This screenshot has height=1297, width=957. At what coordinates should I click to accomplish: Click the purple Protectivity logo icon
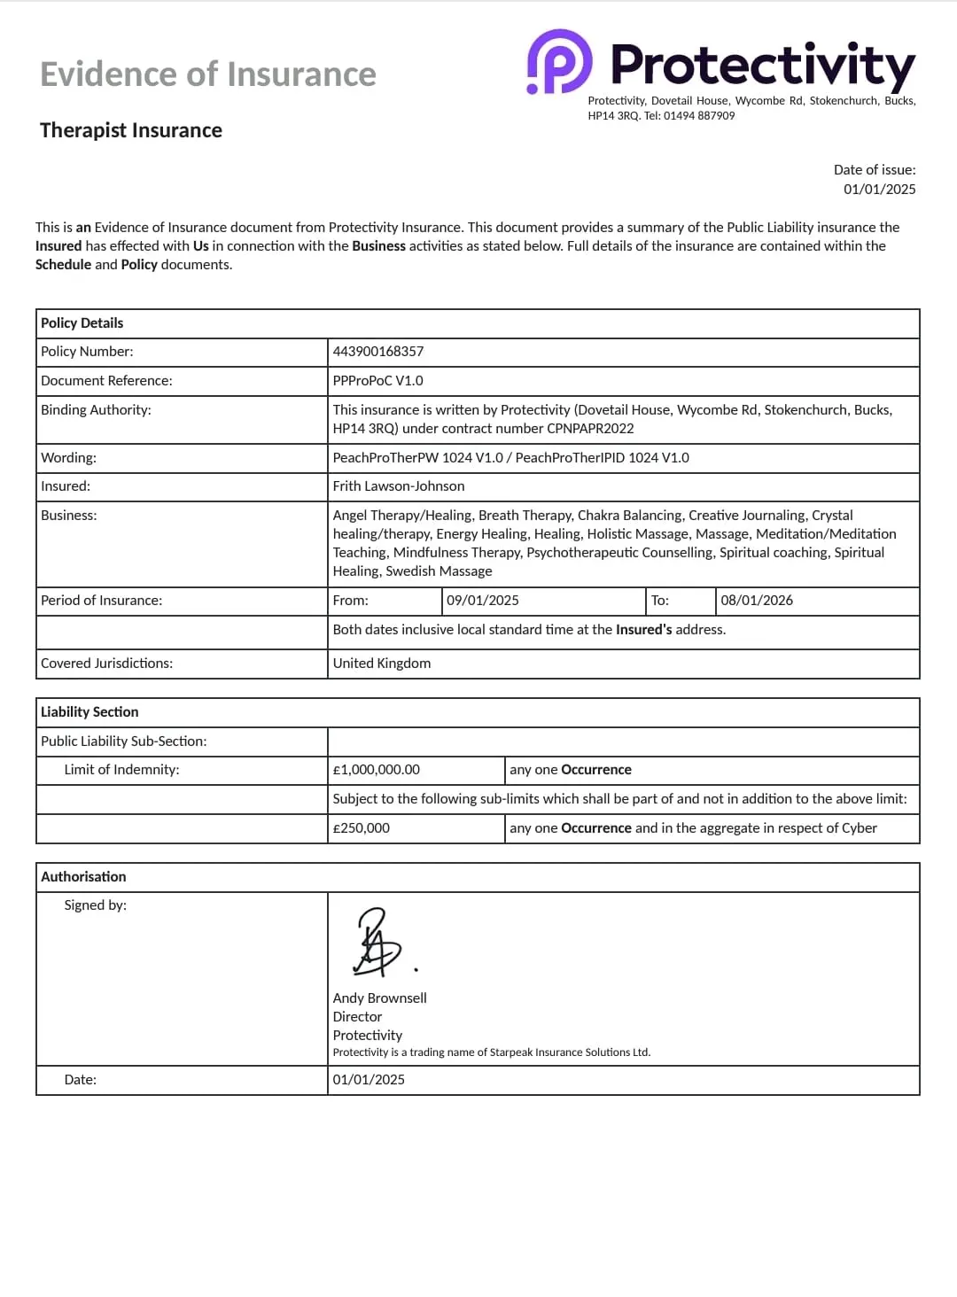pyautogui.click(x=560, y=61)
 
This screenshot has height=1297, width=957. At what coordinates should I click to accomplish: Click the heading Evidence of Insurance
pyautogui.click(x=208, y=74)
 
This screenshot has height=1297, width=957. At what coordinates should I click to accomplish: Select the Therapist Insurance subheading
pyautogui.click(x=131, y=130)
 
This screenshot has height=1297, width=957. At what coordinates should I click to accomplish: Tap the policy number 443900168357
pyautogui.click(x=378, y=352)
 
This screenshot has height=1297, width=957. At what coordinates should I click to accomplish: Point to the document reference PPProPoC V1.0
pyautogui.click(x=378, y=381)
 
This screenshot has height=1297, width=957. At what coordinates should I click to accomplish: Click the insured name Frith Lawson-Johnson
pyautogui.click(x=399, y=486)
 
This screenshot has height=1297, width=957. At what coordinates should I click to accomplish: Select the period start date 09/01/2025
pyautogui.click(x=483, y=601)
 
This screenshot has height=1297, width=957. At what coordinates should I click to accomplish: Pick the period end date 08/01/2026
pyautogui.click(x=757, y=601)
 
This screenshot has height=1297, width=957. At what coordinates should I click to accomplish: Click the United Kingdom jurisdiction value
pyautogui.click(x=382, y=664)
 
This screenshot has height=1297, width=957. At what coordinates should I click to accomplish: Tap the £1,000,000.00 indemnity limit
pyautogui.click(x=377, y=770)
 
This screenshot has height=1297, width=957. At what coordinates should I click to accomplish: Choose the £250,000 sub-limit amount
pyautogui.click(x=362, y=828)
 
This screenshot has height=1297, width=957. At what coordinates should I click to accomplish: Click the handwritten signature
pyautogui.click(x=379, y=942)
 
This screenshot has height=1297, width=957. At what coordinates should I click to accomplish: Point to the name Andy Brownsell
pyautogui.click(x=380, y=998)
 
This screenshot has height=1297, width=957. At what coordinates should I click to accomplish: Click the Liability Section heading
pyautogui.click(x=89, y=712)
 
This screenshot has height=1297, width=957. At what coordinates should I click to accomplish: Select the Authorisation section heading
pyautogui.click(x=83, y=877)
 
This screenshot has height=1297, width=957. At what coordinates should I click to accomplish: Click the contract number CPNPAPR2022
pyautogui.click(x=591, y=429)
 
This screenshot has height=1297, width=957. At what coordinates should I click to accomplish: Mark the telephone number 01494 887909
pyautogui.click(x=699, y=116)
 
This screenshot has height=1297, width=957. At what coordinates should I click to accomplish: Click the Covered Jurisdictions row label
pyautogui.click(x=106, y=664)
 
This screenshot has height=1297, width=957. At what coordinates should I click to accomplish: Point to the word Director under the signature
pyautogui.click(x=358, y=1017)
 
